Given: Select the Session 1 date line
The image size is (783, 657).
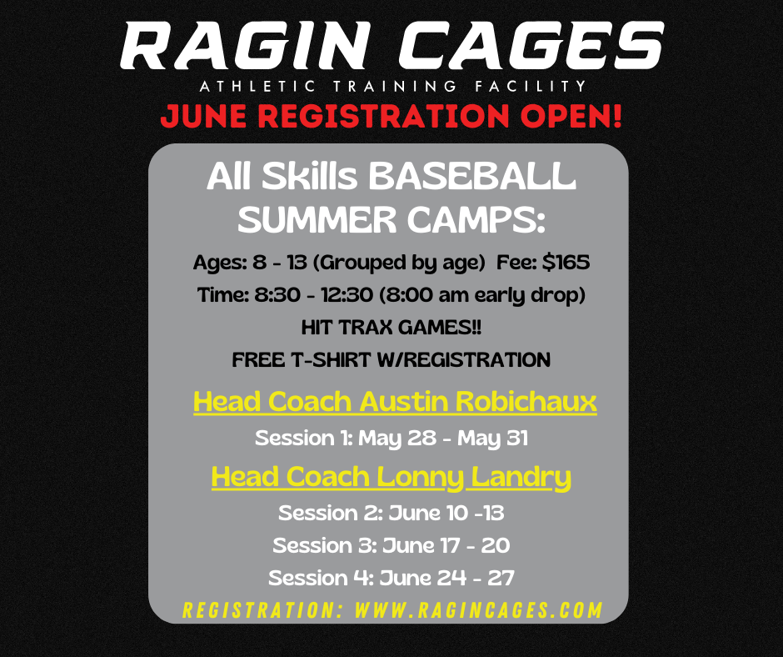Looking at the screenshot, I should (x=391, y=438).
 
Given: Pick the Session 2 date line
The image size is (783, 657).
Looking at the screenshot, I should (x=391, y=512).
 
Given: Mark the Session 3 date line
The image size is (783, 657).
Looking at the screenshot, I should (x=391, y=545).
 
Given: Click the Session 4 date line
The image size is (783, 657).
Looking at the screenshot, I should (x=391, y=578).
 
